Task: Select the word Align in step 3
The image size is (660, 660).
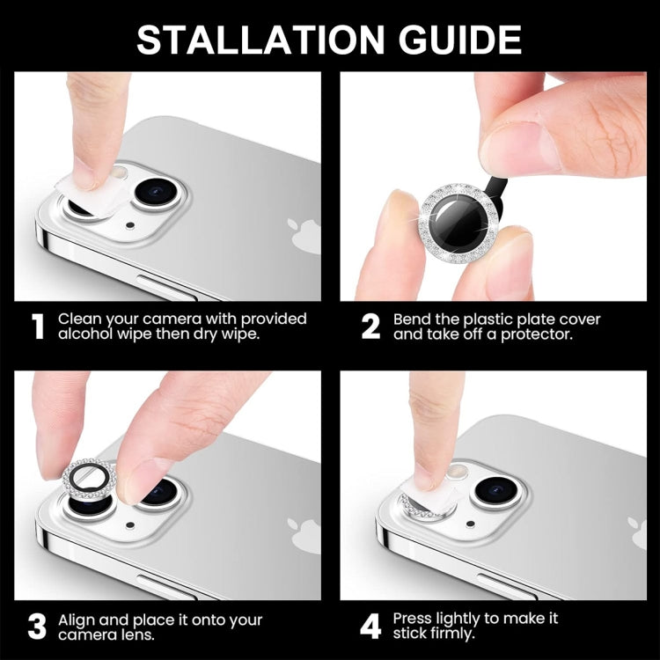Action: click(x=78, y=620)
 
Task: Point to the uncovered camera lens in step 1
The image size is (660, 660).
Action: click(x=158, y=190)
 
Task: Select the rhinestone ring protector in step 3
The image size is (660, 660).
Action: click(x=88, y=480)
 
